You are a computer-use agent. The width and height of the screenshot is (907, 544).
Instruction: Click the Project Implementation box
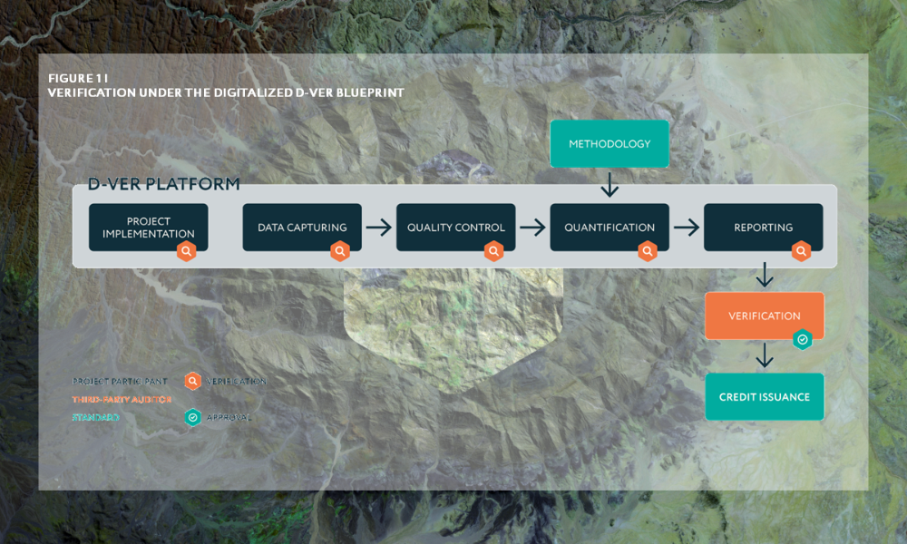(x=148, y=227)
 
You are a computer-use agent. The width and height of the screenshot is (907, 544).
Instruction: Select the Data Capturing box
(x=302, y=227)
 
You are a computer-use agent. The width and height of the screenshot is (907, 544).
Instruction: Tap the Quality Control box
(x=455, y=227)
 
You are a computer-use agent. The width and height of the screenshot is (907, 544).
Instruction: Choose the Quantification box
(x=610, y=227)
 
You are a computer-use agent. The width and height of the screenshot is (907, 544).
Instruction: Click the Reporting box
(x=763, y=227)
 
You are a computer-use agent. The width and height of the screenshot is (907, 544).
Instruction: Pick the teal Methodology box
(x=610, y=144)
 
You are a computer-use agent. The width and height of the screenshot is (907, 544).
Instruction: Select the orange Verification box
(x=764, y=316)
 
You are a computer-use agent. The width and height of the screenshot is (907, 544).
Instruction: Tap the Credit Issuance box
(x=765, y=396)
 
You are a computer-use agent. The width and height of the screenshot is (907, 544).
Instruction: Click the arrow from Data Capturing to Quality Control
(x=379, y=228)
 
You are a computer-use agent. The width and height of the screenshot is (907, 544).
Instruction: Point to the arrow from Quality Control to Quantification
(x=532, y=228)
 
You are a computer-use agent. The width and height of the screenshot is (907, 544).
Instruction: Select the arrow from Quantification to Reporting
(x=687, y=228)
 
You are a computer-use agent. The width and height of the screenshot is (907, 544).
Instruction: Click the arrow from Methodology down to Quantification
(x=610, y=186)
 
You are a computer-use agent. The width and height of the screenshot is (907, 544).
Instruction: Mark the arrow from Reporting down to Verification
(x=765, y=274)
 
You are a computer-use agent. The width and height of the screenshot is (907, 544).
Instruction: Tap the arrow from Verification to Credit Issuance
(x=765, y=355)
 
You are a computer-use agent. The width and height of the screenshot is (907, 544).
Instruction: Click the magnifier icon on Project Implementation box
(x=186, y=251)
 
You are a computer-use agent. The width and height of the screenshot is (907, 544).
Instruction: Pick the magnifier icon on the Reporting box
(x=801, y=251)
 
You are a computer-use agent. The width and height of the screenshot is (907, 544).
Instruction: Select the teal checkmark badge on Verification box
(x=802, y=339)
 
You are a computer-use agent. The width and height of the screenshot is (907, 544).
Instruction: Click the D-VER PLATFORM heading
(x=164, y=184)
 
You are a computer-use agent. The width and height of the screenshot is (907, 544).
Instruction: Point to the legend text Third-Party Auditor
(x=122, y=399)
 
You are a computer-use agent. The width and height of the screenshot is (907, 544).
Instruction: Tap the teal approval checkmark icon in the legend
(x=192, y=417)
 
